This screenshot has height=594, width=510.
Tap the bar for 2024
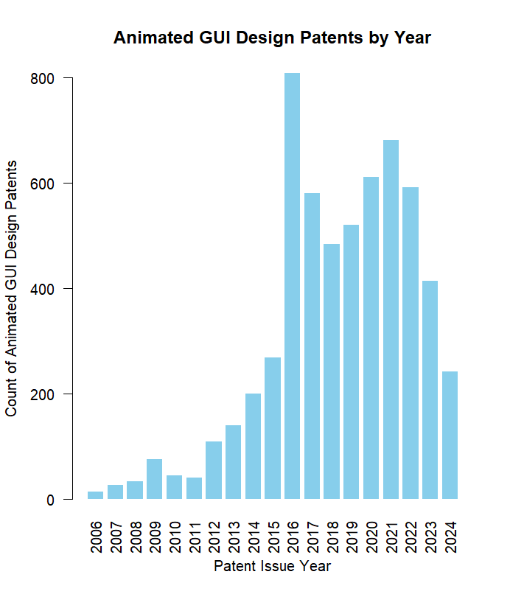coord(450,435)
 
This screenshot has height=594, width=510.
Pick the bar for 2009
coord(154,479)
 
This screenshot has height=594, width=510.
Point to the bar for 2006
coord(95,495)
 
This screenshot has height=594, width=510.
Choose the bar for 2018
coord(332,371)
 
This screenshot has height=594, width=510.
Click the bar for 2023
coord(430,390)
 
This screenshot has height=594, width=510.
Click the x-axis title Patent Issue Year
coord(272,567)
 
